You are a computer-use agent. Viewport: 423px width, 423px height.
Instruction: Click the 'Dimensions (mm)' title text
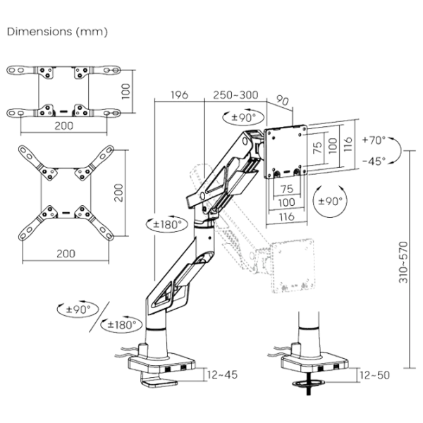[x=58, y=33]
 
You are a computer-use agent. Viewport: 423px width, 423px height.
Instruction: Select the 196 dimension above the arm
[x=179, y=96]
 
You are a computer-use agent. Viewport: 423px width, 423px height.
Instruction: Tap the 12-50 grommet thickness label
[x=374, y=375]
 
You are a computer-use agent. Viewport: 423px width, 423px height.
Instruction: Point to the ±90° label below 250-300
[x=241, y=118]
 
